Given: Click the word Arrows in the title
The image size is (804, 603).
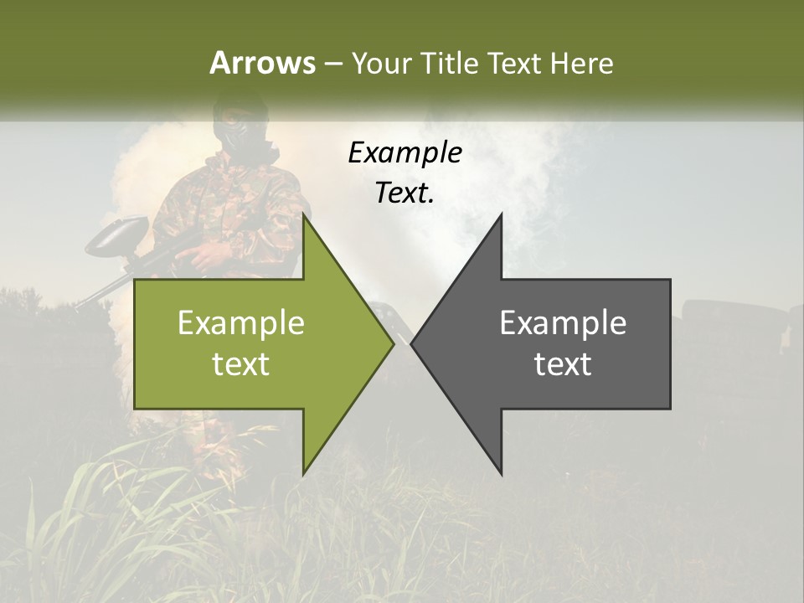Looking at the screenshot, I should point(262,63).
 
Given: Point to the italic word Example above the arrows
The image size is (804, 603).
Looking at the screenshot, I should point(405,152).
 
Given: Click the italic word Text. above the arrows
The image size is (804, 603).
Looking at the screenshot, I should point(405,193).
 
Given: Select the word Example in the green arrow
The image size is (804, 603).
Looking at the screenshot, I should point(240,322).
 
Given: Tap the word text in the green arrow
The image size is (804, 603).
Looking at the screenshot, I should point(240,363).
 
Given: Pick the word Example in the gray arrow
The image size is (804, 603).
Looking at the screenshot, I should point(563,322).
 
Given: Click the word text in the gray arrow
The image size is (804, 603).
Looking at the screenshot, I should point(563,363).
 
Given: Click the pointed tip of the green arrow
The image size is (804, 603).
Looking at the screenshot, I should point(394,343).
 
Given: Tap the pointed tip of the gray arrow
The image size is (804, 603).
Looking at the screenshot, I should point(411,343).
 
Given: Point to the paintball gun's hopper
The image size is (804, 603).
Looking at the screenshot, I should point(117,234).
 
